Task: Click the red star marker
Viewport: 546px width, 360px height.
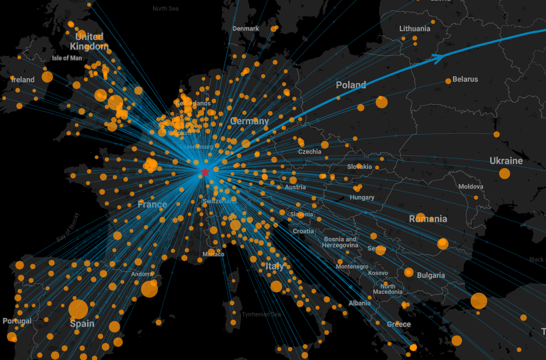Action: click(x=205, y=172)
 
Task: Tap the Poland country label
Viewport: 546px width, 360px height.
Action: click(x=351, y=85)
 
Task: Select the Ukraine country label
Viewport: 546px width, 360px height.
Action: click(x=506, y=161)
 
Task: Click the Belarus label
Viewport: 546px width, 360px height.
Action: click(x=465, y=79)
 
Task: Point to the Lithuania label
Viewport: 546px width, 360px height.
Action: click(x=415, y=28)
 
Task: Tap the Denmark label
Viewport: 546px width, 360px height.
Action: click(x=246, y=28)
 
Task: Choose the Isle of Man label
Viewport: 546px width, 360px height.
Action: click(x=67, y=58)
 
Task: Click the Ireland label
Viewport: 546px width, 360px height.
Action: click(x=23, y=80)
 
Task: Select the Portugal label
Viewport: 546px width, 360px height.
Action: click(x=17, y=321)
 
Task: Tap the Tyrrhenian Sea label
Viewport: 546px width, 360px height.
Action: click(x=261, y=314)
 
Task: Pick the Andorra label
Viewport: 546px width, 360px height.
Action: click(x=142, y=274)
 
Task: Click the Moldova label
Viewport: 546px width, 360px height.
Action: click(x=470, y=186)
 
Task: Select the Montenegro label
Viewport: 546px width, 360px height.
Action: click(x=352, y=267)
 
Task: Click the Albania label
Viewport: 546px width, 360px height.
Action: click(x=360, y=303)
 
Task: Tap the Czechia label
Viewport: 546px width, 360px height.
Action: click(x=310, y=152)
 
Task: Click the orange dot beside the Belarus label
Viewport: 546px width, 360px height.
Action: click(x=448, y=81)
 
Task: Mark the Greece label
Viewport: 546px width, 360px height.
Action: click(x=399, y=324)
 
